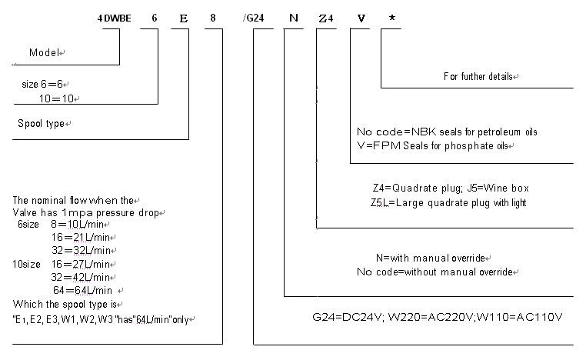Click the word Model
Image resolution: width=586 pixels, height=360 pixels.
45,53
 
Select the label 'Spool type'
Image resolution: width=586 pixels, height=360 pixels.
41,123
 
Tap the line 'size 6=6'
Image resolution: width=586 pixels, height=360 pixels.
48,83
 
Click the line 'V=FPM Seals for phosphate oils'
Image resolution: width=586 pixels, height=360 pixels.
433,146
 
